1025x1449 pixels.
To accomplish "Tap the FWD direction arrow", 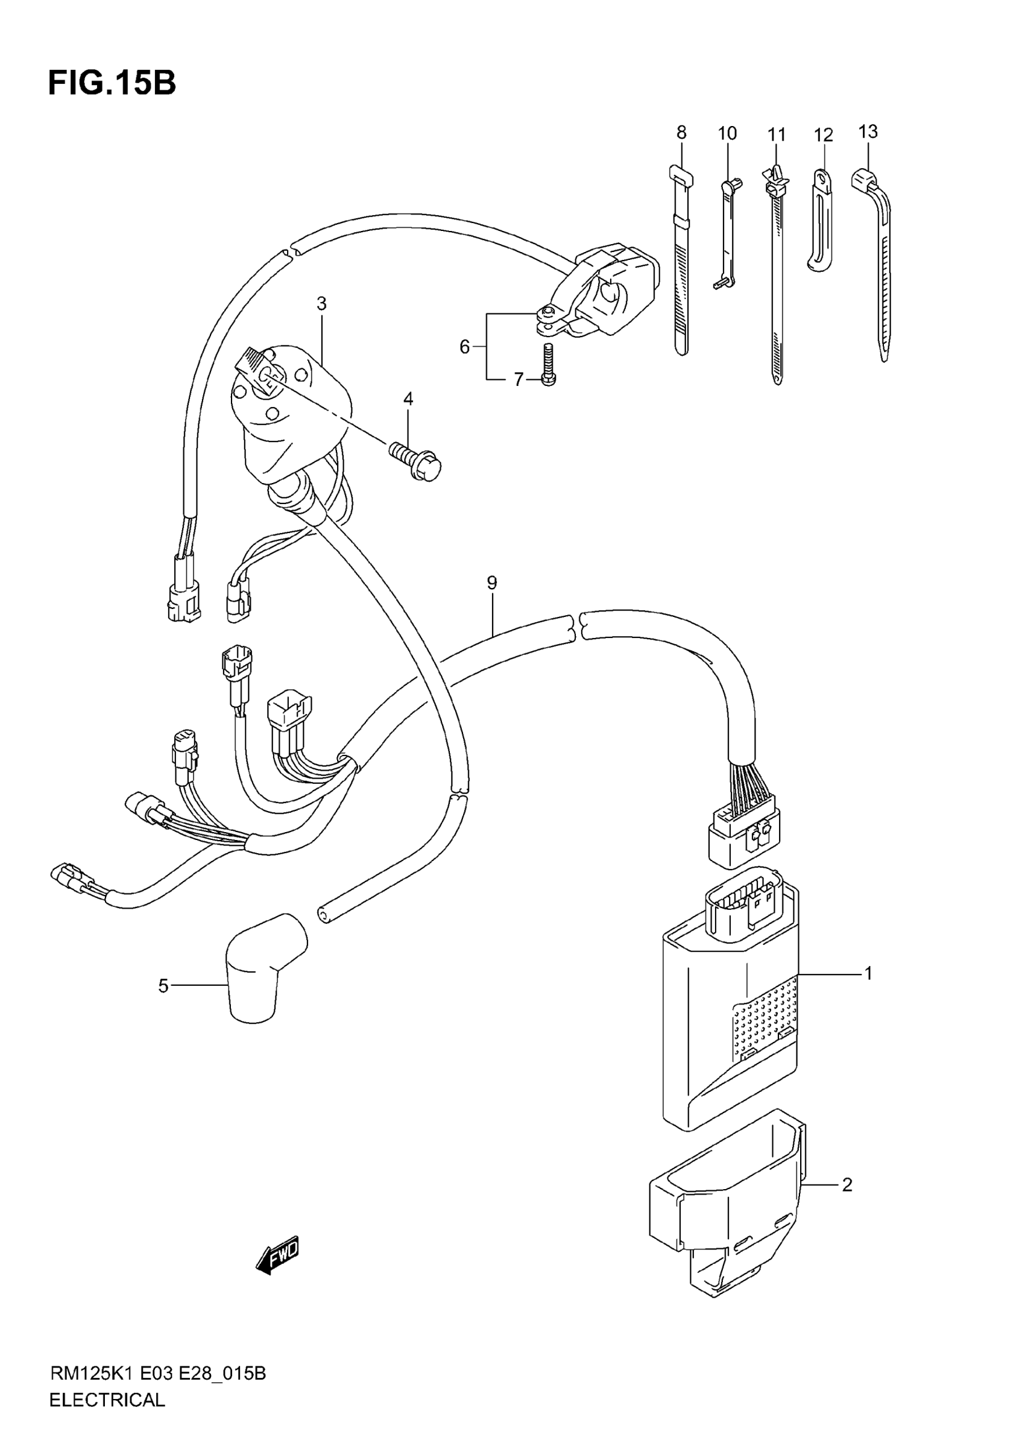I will coord(277,1256).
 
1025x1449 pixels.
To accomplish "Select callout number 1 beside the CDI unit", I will coord(868,974).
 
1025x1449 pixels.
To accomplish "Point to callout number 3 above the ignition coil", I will coord(321,303).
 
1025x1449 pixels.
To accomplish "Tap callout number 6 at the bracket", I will coord(464,347).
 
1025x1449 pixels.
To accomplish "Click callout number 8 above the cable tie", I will coord(681,133).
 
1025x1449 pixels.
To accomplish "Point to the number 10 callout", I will coord(727,133).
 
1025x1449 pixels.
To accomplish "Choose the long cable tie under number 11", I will coord(776,278).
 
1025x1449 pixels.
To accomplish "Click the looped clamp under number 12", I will coord(819,221).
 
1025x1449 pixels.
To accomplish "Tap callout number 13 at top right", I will coord(868,132).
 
